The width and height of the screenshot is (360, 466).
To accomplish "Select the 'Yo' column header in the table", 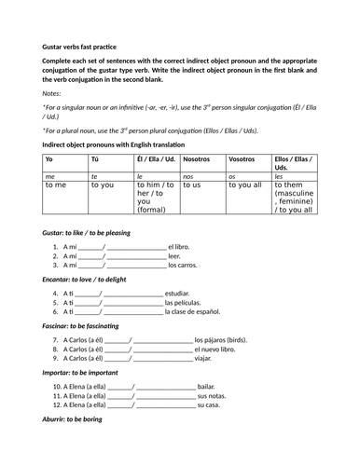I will (x=49, y=160).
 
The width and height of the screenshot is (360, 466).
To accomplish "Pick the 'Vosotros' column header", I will (x=242, y=160).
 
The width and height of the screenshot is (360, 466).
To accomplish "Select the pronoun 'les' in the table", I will (x=279, y=175).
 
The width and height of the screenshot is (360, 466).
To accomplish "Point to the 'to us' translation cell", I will (x=192, y=185).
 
